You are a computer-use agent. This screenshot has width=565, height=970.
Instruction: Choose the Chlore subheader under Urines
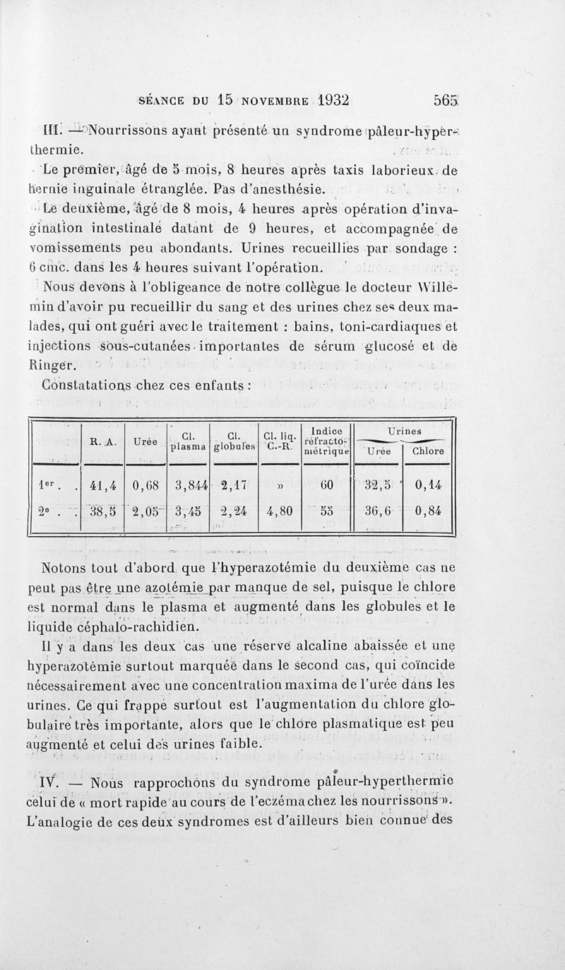click(427, 451)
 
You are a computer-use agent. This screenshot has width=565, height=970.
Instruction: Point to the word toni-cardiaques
click(395, 327)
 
